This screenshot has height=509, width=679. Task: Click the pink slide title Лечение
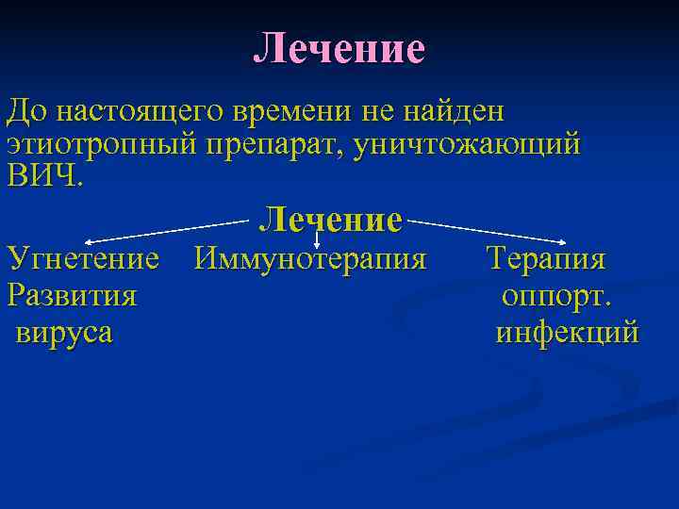pyautogui.click(x=339, y=48)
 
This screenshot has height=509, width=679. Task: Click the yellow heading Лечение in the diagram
pyautogui.click(x=331, y=220)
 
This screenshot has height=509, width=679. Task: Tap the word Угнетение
pyautogui.click(x=83, y=257)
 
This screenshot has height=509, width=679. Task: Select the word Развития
pyautogui.click(x=72, y=295)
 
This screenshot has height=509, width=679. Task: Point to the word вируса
pyautogui.click(x=64, y=332)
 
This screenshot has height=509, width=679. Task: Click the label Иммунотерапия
pyautogui.click(x=310, y=257)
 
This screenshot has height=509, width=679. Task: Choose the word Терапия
pyautogui.click(x=546, y=257)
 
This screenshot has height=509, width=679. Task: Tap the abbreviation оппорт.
pyautogui.click(x=556, y=295)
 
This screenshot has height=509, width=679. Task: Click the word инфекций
pyautogui.click(x=567, y=332)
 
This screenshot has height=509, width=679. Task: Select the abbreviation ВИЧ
pyautogui.click(x=43, y=177)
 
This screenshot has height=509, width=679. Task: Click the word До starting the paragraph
pyautogui.click(x=25, y=111)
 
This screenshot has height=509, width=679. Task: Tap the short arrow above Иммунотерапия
pyautogui.click(x=316, y=243)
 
